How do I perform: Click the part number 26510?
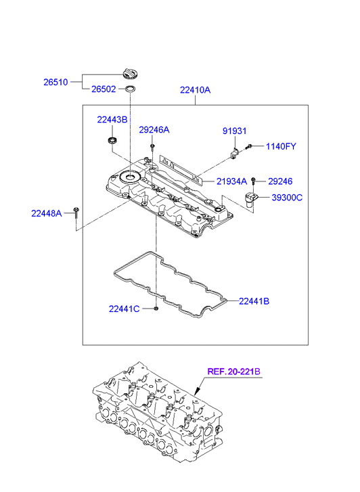click(x=55, y=82)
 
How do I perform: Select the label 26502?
click(x=104, y=89)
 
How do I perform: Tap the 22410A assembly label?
click(x=195, y=90)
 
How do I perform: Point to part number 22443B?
click(x=112, y=120)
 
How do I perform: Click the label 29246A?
click(x=154, y=129)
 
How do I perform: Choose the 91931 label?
click(x=234, y=131)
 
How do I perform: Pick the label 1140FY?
click(x=281, y=146)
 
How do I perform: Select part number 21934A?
click(x=231, y=181)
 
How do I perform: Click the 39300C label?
click(x=287, y=198)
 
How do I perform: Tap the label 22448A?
click(x=47, y=213)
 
